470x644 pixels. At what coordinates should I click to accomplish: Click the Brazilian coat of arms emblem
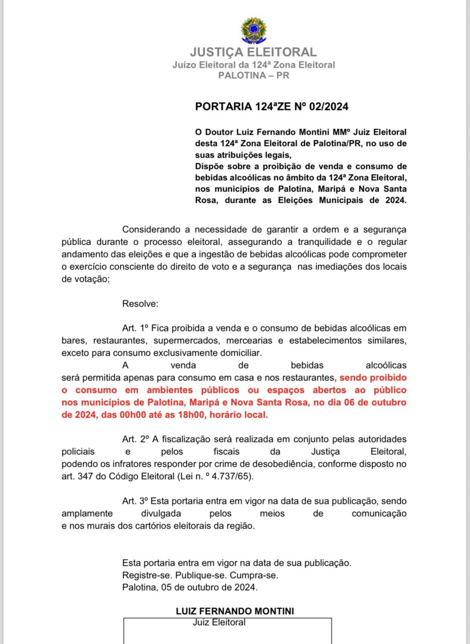tap(253, 30)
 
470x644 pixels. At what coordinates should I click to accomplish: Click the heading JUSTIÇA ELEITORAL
tap(253, 52)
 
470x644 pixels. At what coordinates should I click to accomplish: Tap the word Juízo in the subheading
tap(184, 65)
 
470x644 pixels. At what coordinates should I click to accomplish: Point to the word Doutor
tap(222, 132)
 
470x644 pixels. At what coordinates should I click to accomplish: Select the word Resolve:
tap(140, 304)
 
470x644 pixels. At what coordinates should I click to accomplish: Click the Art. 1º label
tap(135, 328)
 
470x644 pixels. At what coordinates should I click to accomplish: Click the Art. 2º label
tap(135, 439)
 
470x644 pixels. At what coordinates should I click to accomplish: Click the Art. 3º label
tap(135, 501)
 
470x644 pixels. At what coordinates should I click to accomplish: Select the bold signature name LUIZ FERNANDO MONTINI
tap(235, 611)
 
